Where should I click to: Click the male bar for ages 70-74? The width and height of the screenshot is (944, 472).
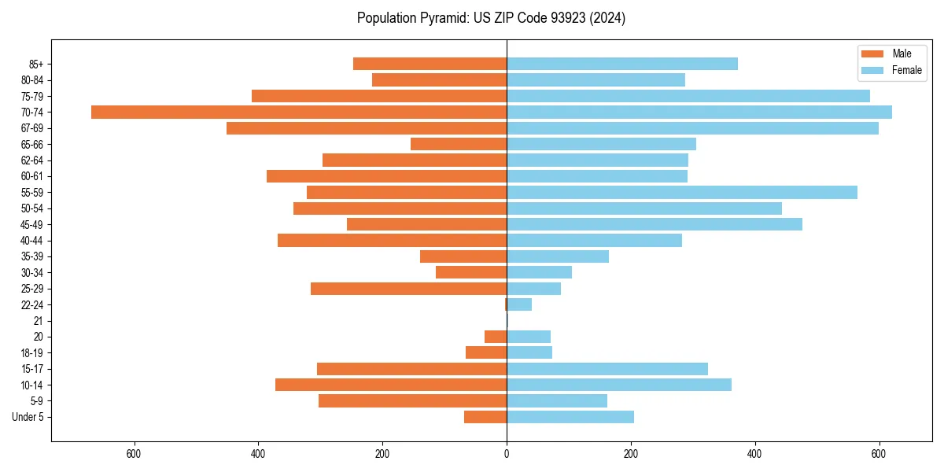point(299,112)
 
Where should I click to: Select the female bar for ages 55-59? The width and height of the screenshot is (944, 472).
point(681,192)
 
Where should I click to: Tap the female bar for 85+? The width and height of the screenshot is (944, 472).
point(621,64)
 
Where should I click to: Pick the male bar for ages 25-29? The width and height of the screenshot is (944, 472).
point(408,289)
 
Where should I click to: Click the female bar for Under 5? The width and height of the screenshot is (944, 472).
point(570,417)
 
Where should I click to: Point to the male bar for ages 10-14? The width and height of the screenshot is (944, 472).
point(391,385)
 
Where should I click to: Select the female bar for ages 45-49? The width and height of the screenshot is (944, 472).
point(654,224)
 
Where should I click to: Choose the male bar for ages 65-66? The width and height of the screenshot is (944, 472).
point(459,144)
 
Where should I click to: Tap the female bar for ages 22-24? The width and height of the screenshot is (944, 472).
point(519,304)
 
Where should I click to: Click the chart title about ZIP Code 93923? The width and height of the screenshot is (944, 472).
point(491,18)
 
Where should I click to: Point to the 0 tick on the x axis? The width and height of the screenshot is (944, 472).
point(507,454)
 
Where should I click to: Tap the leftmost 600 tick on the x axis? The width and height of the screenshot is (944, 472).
point(134,454)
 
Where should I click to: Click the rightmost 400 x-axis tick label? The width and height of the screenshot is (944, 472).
point(755,454)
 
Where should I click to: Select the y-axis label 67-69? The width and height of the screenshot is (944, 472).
point(32,128)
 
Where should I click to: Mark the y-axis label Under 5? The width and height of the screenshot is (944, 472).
point(28,417)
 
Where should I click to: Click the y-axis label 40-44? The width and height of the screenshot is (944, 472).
point(32,241)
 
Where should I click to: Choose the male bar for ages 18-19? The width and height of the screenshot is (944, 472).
point(486,352)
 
